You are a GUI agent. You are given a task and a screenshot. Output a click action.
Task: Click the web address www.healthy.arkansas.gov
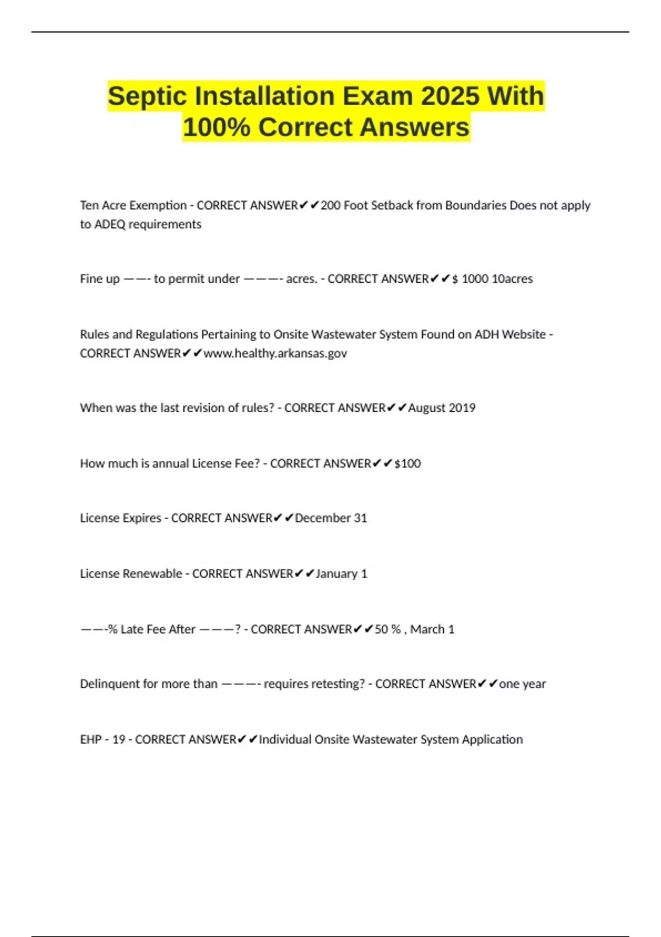pyautogui.click(x=275, y=353)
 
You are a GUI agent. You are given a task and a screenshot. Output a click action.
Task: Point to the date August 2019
pyautogui.click(x=442, y=408)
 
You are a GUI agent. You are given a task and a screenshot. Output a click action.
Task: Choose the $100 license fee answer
pyautogui.click(x=408, y=464)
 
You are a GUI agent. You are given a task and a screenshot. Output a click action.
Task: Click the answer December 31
pyautogui.click(x=331, y=518)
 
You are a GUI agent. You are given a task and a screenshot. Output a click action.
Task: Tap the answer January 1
pyautogui.click(x=342, y=574)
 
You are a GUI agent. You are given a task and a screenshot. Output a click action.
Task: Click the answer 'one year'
pyautogui.click(x=522, y=684)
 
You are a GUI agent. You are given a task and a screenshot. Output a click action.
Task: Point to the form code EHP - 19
pyautogui.click(x=102, y=740)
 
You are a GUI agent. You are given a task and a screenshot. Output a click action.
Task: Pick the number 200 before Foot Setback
pyautogui.click(x=330, y=206)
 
